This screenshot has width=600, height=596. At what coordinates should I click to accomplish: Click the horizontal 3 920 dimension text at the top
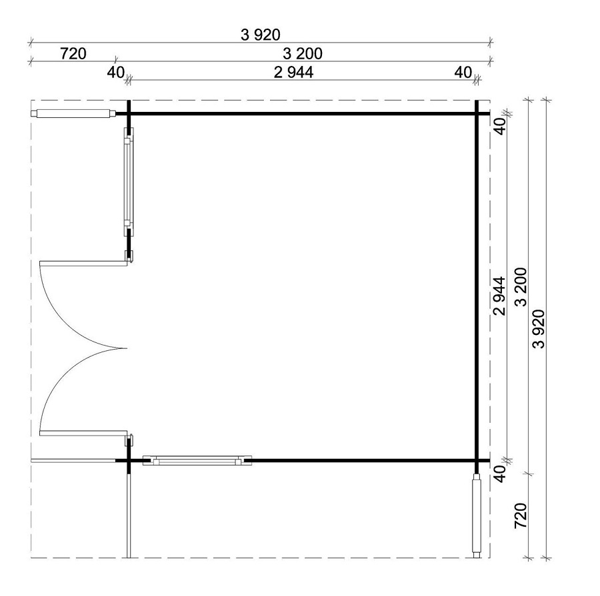pos(260,35)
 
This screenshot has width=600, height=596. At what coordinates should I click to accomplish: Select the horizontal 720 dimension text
pos(73,53)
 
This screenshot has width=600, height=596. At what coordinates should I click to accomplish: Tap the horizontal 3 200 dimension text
pos(302,53)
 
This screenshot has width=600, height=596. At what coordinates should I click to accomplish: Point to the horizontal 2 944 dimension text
pos(293,72)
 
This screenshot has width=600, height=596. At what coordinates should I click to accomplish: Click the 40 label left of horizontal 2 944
pos(115,72)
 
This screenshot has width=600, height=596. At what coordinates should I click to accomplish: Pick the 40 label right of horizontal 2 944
pos(463,72)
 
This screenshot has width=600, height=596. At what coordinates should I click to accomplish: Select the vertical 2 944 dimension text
pos(499,296)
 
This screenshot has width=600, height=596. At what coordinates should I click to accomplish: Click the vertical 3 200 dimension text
pos(521,288)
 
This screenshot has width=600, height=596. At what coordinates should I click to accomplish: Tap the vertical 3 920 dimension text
pos(539,329)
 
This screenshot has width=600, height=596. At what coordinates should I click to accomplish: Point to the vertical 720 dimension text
pos(521,515)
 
